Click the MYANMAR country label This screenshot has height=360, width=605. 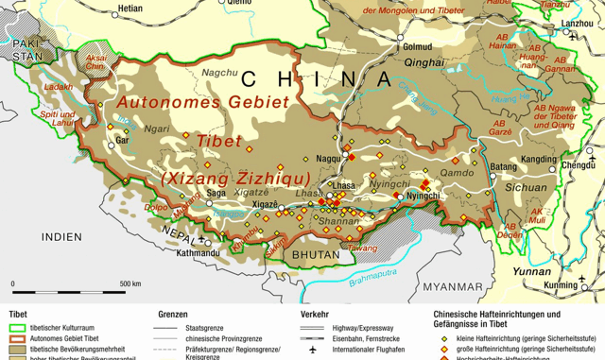click(453, 286)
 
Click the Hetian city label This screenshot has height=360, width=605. click(129, 9)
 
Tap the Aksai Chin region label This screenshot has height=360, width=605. click(96, 62)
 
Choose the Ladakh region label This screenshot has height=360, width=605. click(57, 87)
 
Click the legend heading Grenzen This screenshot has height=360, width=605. click(176, 315)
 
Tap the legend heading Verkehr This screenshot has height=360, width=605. click(315, 315)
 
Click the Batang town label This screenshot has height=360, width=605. click(505, 166)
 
